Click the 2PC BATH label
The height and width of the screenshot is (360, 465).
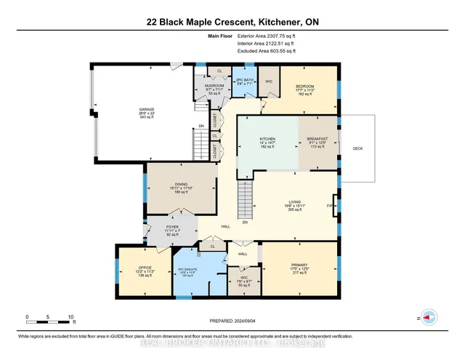tap(244, 80)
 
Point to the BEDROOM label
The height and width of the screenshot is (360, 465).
tap(303, 86)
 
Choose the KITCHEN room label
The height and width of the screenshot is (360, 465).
tap(269, 139)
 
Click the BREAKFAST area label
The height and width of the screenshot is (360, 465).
tap(318, 139)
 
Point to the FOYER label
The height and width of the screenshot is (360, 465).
tap(172, 227)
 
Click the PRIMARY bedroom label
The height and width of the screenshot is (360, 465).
tap(299, 266)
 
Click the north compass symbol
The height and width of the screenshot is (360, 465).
tap(428, 318)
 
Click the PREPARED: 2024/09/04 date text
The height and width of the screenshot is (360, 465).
tap(232, 323)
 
